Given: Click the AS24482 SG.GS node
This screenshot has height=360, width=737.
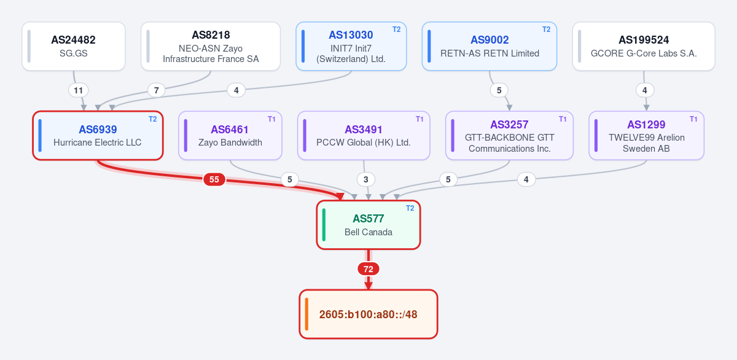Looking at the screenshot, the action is click(x=74, y=46).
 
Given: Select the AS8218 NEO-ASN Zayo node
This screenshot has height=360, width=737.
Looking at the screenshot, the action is click(x=211, y=46).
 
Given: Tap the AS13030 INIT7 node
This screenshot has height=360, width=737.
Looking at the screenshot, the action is click(x=351, y=46).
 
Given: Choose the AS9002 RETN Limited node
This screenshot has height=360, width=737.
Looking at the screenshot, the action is click(x=489, y=46).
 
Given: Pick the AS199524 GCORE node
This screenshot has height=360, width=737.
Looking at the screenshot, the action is click(x=644, y=46).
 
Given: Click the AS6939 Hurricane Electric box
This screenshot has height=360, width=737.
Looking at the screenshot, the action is click(x=98, y=136).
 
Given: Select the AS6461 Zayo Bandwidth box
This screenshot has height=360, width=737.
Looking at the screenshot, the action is click(x=230, y=136).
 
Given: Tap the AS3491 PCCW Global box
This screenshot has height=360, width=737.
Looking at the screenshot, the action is click(x=364, y=136).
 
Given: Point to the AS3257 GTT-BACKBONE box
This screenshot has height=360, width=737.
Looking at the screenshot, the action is click(x=509, y=136).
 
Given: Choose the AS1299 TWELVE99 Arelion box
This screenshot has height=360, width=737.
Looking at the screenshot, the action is click(x=646, y=136).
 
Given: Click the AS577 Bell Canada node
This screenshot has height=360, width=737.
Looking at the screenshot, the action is click(x=368, y=225).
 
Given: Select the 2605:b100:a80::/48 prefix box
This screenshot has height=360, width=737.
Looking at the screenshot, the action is click(x=368, y=315).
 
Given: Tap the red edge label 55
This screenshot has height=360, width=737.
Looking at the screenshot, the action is click(x=214, y=179).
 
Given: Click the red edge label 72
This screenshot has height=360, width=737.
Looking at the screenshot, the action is click(x=368, y=269).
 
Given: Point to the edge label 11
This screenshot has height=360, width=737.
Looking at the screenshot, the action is click(x=79, y=90).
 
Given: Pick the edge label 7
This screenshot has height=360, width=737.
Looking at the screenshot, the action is click(x=156, y=90).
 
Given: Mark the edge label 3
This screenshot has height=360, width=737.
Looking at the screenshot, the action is click(x=366, y=179).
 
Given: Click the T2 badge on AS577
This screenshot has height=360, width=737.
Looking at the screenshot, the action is click(x=410, y=208).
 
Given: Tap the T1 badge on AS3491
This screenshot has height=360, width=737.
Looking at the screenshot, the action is click(x=419, y=119).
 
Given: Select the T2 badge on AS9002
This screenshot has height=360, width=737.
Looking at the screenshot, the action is click(x=547, y=29).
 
